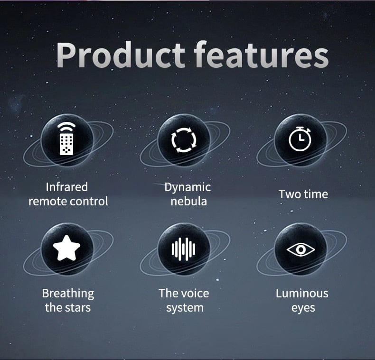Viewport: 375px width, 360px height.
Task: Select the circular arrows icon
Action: click(184, 139)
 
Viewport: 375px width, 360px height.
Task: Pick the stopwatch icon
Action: click(300, 139)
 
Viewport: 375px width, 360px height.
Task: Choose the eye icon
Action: click(300, 249)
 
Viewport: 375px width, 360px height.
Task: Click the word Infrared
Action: click(67, 187)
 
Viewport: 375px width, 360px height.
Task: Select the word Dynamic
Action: click(187, 187)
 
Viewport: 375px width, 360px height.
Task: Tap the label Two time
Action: click(303, 194)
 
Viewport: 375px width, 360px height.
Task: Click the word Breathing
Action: click(68, 294)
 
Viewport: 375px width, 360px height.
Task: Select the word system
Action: click(185, 307)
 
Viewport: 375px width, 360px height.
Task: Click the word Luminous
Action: click(302, 293)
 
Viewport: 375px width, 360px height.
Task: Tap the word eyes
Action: click(303, 308)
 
